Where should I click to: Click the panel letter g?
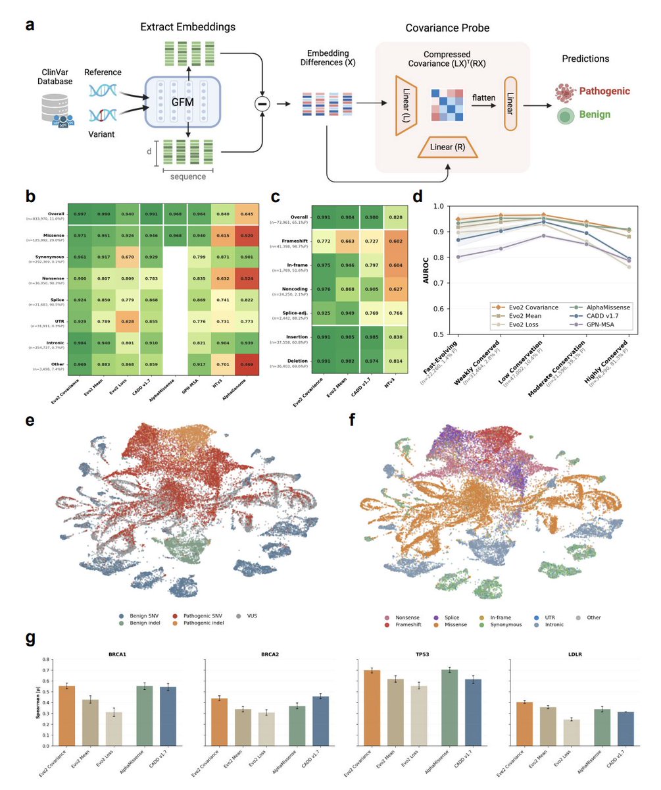[30, 639]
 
